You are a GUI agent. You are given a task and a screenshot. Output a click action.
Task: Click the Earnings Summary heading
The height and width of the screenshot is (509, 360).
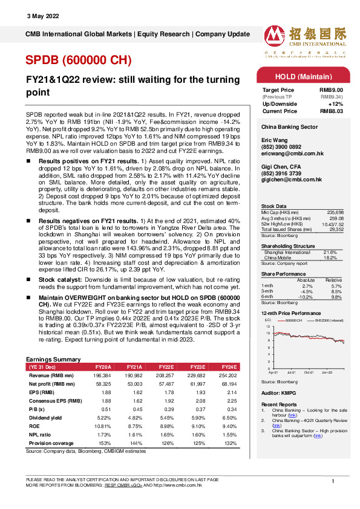coord(53,358)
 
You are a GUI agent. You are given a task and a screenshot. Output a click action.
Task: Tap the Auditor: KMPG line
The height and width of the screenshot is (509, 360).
coord(278,392)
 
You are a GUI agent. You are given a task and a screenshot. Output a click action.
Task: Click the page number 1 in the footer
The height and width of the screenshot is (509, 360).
coord(333,481)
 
